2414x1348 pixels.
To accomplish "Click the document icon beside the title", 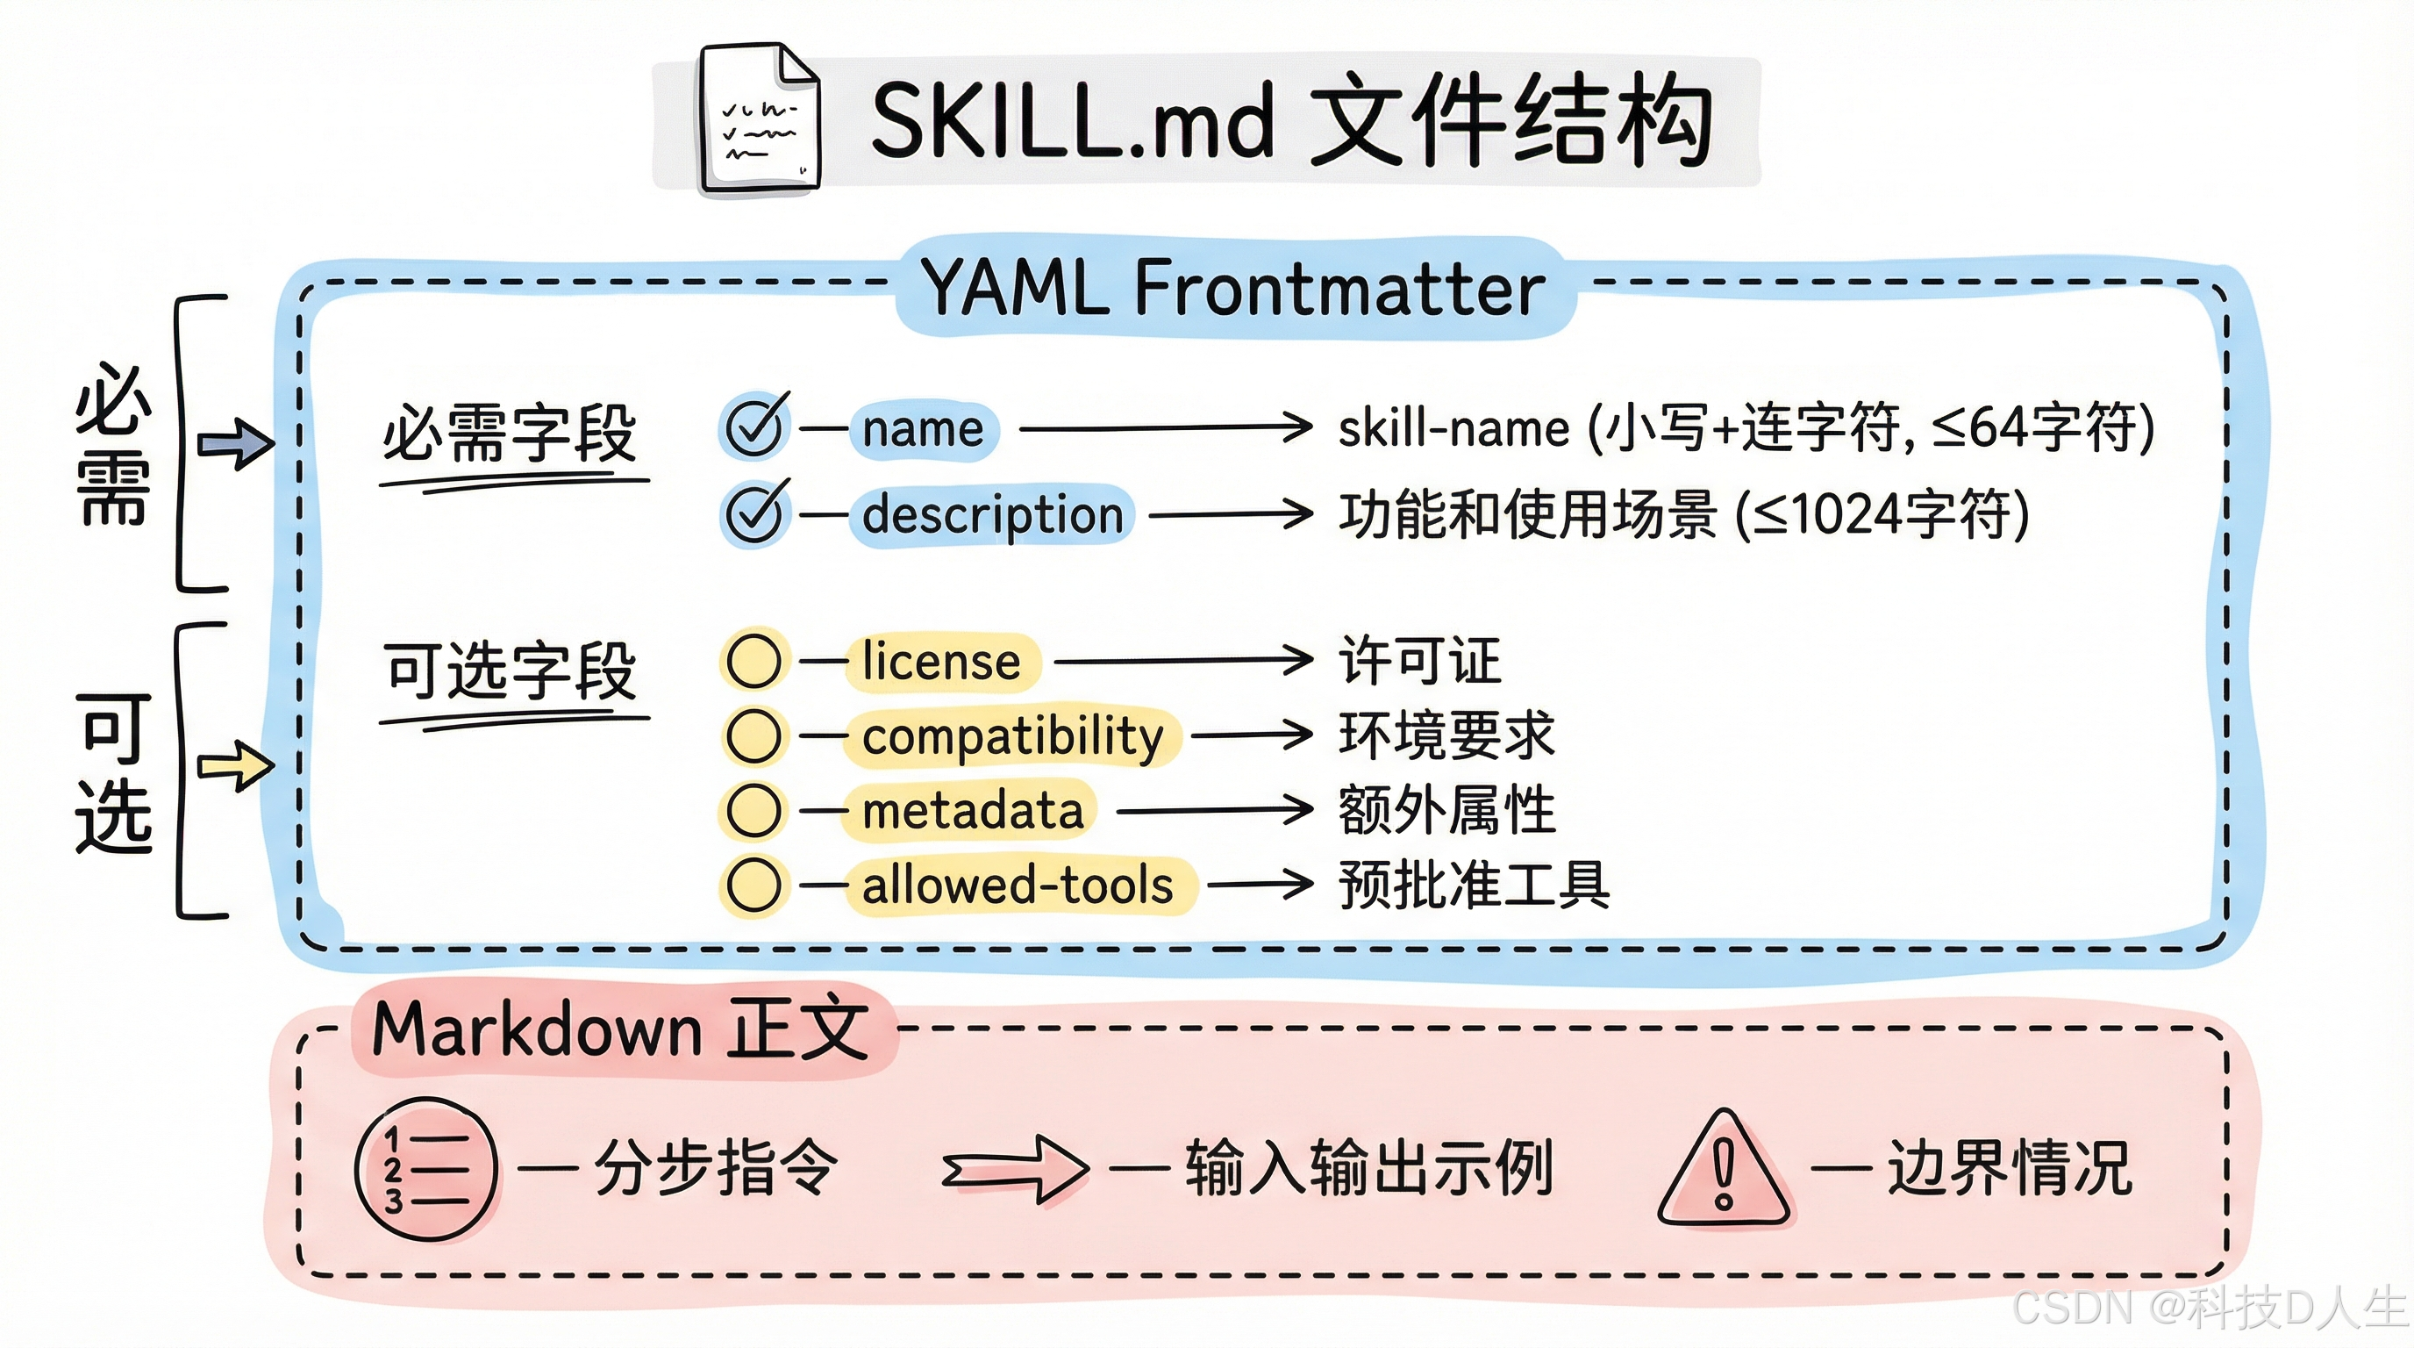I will (758, 120).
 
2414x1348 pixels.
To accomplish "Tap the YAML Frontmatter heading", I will (1233, 287).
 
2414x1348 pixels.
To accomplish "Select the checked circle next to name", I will (754, 427).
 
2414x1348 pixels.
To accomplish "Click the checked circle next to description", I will (754, 513).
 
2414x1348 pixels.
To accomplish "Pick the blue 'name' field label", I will (923, 428).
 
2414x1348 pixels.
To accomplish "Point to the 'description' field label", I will (991, 514).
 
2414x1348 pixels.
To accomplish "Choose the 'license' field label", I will (941, 661).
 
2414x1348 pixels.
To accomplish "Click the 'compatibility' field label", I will (1012, 735).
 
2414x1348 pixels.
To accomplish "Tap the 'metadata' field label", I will (972, 810).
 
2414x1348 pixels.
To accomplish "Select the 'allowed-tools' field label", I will (1017, 885).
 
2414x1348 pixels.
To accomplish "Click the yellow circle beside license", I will (754, 661).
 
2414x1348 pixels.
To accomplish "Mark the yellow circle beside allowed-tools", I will (754, 885).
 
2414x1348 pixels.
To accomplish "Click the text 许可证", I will (1418, 661).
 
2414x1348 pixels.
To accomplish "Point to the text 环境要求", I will (1446, 735).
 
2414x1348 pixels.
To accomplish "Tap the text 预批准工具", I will (1473, 885).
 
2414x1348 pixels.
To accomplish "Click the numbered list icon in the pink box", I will (426, 1169).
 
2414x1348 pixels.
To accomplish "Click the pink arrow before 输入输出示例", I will (1015, 1169).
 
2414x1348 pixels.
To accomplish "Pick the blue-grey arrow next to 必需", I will (235, 442).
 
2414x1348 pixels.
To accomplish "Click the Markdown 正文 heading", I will (619, 1029).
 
